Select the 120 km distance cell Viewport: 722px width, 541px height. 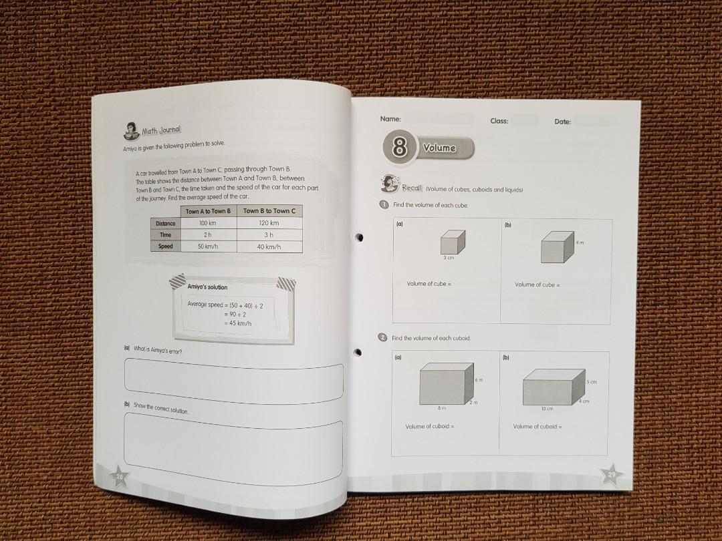[x=269, y=223]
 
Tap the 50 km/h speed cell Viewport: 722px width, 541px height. [x=208, y=246]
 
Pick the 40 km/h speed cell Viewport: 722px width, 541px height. [x=269, y=247]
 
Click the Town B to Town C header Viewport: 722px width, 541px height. [x=269, y=211]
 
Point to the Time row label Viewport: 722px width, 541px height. [x=166, y=235]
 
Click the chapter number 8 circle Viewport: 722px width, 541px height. [x=399, y=147]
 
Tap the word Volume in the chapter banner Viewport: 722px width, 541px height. [x=439, y=148]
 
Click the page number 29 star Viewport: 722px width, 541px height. [x=610, y=474]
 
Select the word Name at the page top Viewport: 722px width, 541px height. [x=390, y=119]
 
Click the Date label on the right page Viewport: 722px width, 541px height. [x=562, y=122]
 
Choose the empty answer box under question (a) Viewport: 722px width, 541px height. [x=233, y=381]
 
